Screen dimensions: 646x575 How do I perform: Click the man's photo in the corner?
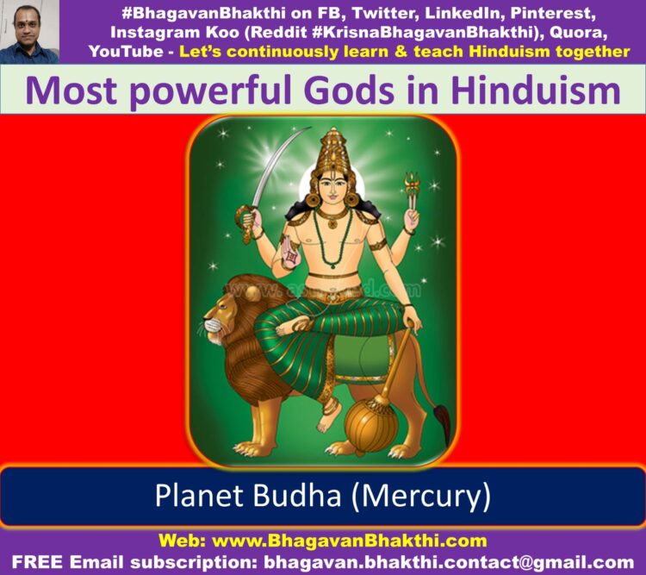click(x=29, y=32)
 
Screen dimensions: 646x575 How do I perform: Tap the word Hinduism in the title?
click(x=536, y=91)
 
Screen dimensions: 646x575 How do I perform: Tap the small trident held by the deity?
click(x=412, y=191)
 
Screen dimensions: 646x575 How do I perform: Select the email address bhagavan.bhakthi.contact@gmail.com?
click(x=449, y=562)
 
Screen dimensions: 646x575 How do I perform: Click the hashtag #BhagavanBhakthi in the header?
click(x=203, y=13)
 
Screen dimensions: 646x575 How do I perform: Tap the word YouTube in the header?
click(x=126, y=51)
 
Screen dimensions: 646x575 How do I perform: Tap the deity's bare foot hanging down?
click(x=328, y=416)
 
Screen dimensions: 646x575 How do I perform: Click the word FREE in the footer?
click(x=38, y=562)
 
